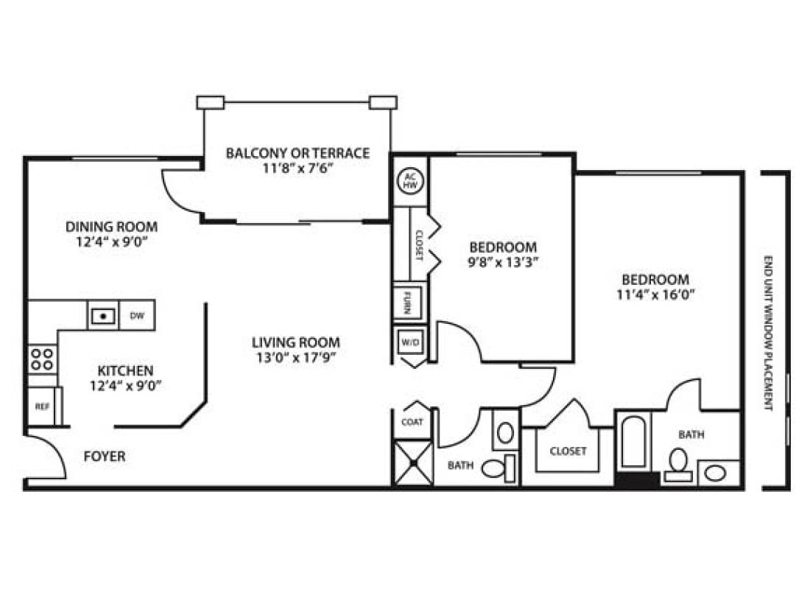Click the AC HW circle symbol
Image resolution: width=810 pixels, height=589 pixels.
pyautogui.click(x=409, y=180)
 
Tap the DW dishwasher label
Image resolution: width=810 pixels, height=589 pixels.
pyautogui.click(x=137, y=316)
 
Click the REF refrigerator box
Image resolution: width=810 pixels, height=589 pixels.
pyautogui.click(x=42, y=406)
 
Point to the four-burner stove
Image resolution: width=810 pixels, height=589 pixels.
pyautogui.click(x=42, y=359)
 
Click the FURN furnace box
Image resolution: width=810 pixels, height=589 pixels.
pyautogui.click(x=407, y=302)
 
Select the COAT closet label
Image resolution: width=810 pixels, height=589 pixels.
pyautogui.click(x=412, y=423)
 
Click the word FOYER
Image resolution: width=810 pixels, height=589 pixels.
pyautogui.click(x=104, y=456)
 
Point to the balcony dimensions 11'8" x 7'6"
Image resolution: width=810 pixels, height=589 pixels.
pyautogui.click(x=297, y=167)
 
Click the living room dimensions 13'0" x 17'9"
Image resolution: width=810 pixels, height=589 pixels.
pyautogui.click(x=296, y=358)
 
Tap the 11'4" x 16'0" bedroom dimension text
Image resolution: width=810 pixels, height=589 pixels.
pyautogui.click(x=655, y=294)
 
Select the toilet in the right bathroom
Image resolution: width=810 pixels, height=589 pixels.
pyautogui.click(x=678, y=463)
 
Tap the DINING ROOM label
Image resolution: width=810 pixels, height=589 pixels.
pyautogui.click(x=111, y=227)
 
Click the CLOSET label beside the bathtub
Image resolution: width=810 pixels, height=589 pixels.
pyautogui.click(x=568, y=451)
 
